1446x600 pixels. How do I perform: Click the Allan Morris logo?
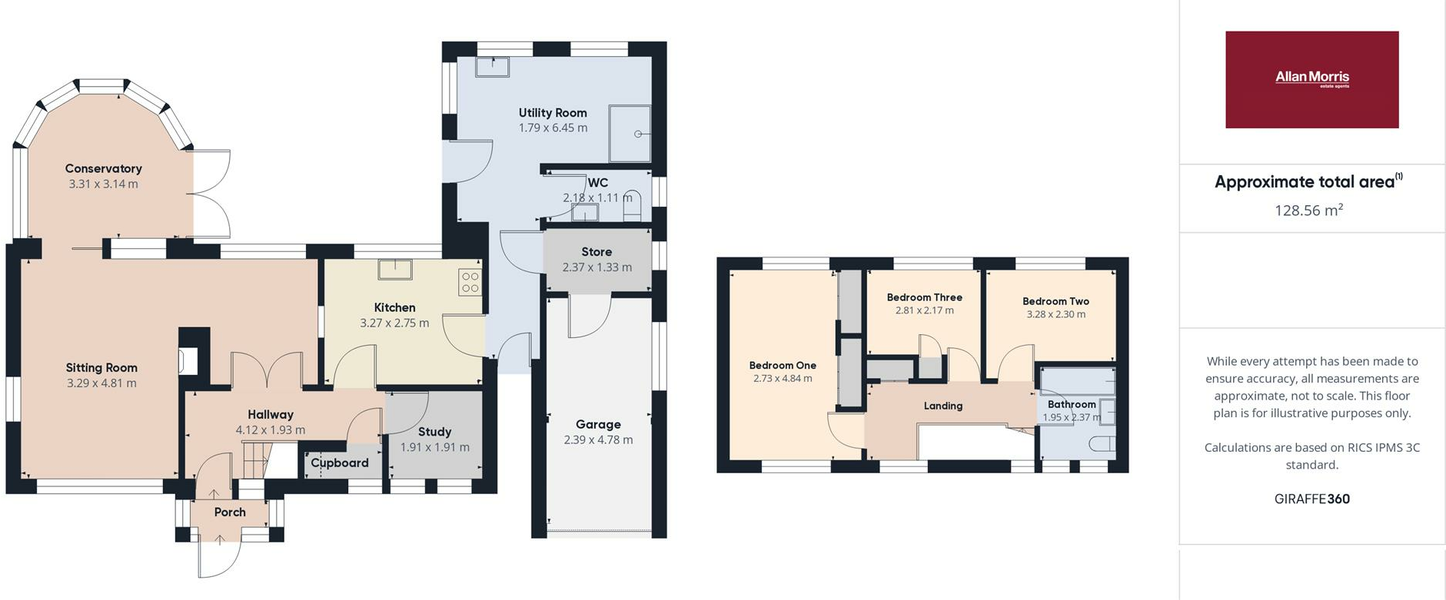pos(1311,79)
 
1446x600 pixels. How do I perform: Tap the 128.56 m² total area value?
pos(1308,210)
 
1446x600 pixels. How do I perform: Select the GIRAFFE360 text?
pos(1311,499)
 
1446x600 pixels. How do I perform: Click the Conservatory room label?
pos(103,168)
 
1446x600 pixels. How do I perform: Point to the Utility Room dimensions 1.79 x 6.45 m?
pos(553,128)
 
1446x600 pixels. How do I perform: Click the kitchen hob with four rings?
pos(470,282)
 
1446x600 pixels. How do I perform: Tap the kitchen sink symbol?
pos(394,270)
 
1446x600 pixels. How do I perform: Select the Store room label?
pos(597,252)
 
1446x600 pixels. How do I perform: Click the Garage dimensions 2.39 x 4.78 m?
pos(598,440)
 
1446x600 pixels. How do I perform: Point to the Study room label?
pos(434,432)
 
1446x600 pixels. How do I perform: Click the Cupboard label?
pos(340,462)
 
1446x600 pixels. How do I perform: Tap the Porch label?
pos(230,512)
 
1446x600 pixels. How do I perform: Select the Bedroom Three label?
pos(924,297)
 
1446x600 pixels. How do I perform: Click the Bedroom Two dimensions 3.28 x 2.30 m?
pos(1055,314)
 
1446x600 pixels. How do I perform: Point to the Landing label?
pos(942,406)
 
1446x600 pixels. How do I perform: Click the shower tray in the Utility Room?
pos(630,134)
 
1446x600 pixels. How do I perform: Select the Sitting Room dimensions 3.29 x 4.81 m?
pos(101,383)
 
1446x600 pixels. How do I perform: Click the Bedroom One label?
pos(783,366)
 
